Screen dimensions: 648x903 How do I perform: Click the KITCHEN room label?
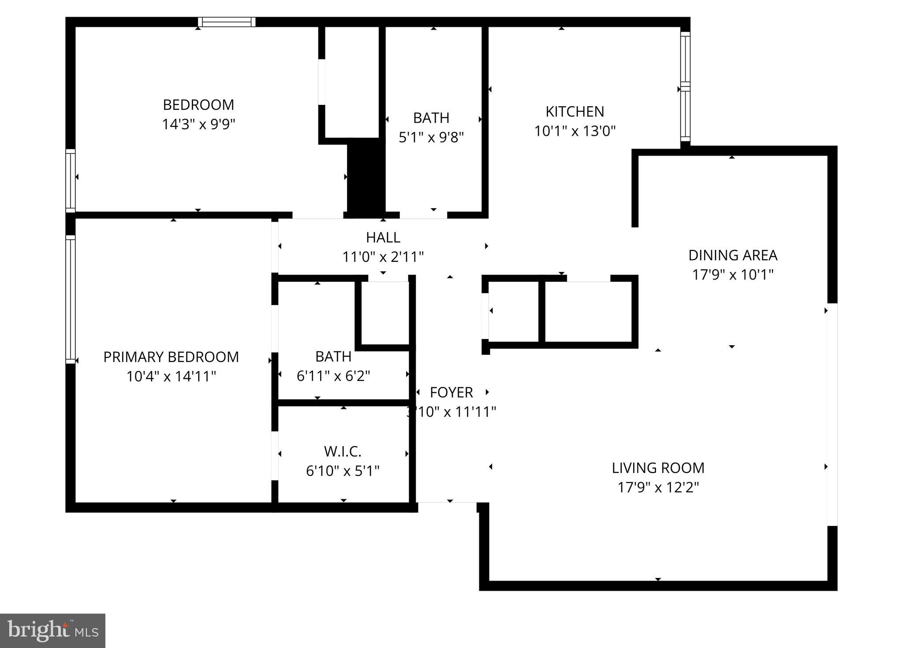click(575, 112)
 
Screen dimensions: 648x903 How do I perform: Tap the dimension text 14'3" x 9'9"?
click(198, 124)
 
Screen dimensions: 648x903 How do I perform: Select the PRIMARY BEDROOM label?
click(171, 357)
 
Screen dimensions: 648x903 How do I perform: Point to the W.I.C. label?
click(343, 451)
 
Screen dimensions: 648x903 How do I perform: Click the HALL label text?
click(383, 237)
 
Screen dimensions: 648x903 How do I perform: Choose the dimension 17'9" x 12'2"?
click(658, 488)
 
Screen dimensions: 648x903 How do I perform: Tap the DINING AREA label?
click(732, 255)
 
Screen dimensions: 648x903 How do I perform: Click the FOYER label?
click(451, 392)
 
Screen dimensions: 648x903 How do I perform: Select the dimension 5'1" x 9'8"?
click(431, 138)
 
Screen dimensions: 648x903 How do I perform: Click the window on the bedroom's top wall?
click(227, 22)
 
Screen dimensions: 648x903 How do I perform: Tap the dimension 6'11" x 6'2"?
click(333, 376)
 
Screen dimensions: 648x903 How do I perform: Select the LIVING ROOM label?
click(658, 468)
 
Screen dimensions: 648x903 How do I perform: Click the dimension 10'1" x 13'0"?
click(575, 131)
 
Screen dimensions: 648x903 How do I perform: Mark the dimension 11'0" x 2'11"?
click(383, 257)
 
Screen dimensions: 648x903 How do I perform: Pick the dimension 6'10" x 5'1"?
click(343, 471)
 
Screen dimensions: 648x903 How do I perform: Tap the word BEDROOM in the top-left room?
click(198, 105)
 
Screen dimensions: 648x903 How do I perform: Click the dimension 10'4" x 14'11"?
click(171, 376)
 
